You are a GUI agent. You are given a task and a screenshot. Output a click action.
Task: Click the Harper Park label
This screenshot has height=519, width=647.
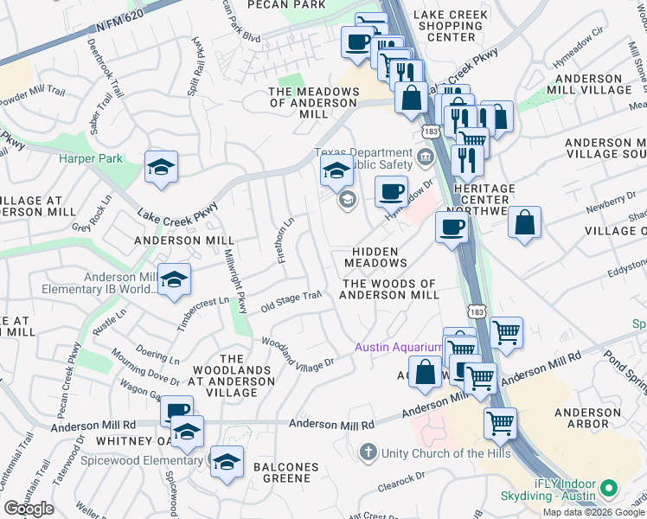click(x=91, y=158)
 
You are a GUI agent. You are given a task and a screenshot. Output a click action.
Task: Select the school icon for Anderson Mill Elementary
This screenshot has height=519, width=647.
click(x=174, y=280)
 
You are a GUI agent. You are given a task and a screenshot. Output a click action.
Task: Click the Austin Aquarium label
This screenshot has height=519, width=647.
click(x=398, y=348)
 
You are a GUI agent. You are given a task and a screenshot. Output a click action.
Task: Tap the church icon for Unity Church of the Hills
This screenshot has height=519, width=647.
click(x=368, y=452)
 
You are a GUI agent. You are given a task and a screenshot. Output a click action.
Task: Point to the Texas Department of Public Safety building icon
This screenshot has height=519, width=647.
click(x=425, y=157)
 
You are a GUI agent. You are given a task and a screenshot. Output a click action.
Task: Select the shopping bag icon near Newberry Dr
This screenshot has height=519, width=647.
click(x=524, y=223)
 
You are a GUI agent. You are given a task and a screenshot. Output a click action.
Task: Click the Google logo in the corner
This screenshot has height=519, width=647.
click(x=29, y=509)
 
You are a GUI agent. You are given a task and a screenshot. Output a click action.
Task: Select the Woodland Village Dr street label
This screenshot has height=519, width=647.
click(x=298, y=356)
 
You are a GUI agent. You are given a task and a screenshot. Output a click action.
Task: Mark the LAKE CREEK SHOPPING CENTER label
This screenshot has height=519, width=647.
click(x=451, y=26)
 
